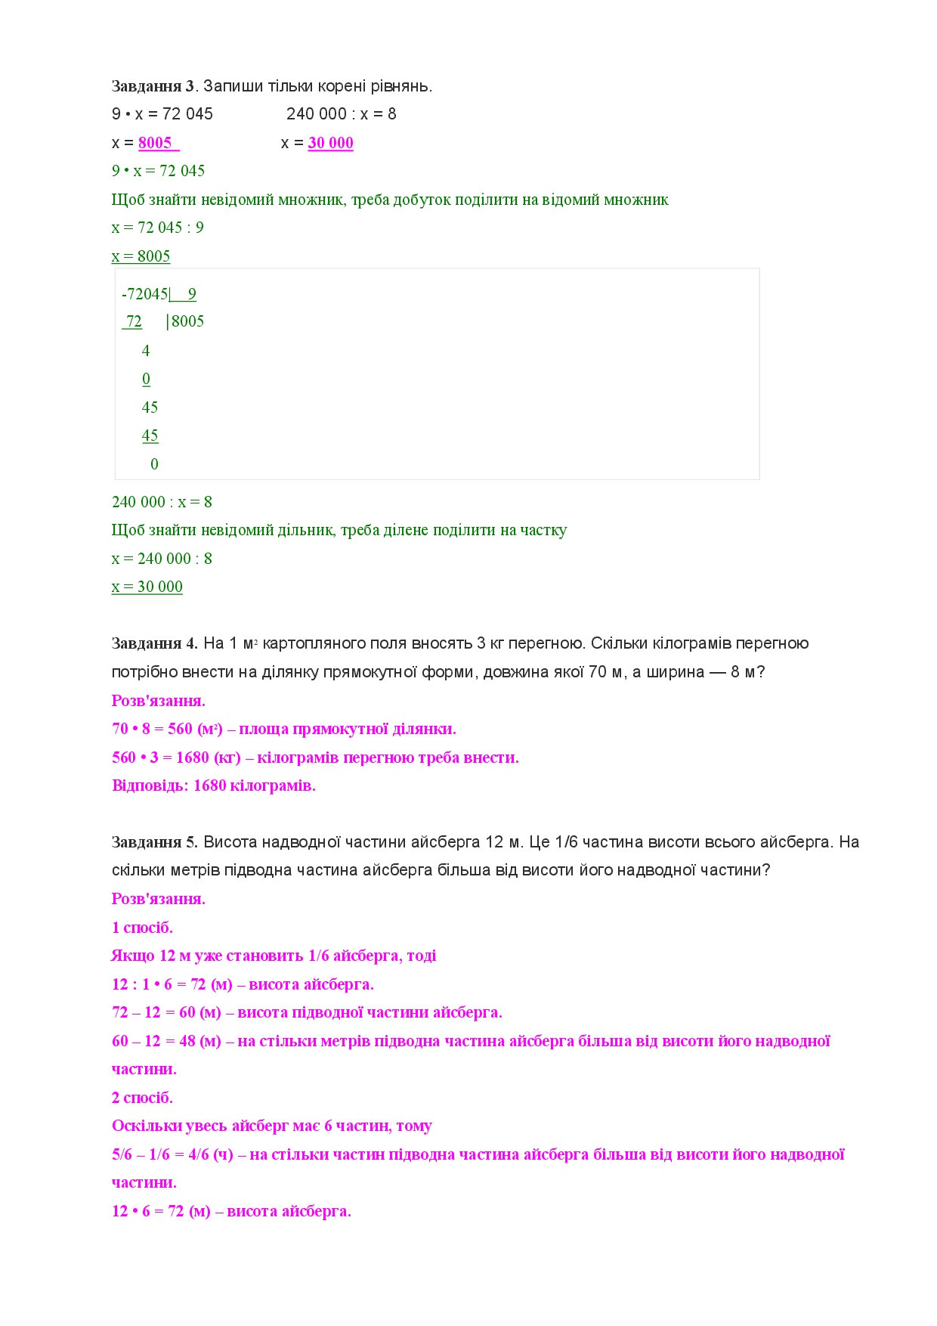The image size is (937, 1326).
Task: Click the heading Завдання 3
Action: point(153,86)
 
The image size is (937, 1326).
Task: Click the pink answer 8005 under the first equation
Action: point(156,143)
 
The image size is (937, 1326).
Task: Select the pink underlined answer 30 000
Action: point(330,143)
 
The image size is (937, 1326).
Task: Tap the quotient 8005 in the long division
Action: point(187,321)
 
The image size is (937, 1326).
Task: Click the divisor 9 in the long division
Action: point(192,294)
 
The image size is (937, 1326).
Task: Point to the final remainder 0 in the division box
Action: point(154,464)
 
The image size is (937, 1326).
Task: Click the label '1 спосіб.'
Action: point(142,928)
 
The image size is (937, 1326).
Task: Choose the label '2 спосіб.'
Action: point(142,1098)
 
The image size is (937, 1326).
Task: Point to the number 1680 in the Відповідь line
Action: point(209,785)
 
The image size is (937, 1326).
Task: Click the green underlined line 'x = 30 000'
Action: point(147,587)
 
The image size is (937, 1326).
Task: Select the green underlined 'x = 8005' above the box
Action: point(141,256)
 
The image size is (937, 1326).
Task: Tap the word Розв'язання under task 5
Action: point(159,899)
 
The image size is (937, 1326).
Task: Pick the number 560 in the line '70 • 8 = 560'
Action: point(180,729)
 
